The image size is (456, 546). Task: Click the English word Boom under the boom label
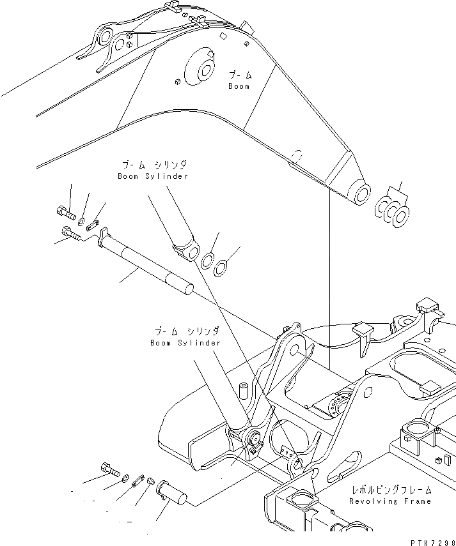click(239, 86)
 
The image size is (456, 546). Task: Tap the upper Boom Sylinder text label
click(153, 176)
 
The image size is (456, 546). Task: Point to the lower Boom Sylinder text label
click(185, 343)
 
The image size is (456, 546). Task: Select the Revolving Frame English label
click(390, 501)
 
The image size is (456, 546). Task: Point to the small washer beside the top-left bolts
click(82, 220)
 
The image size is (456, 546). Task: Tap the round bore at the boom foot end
click(361, 195)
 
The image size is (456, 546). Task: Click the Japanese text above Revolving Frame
click(390, 490)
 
